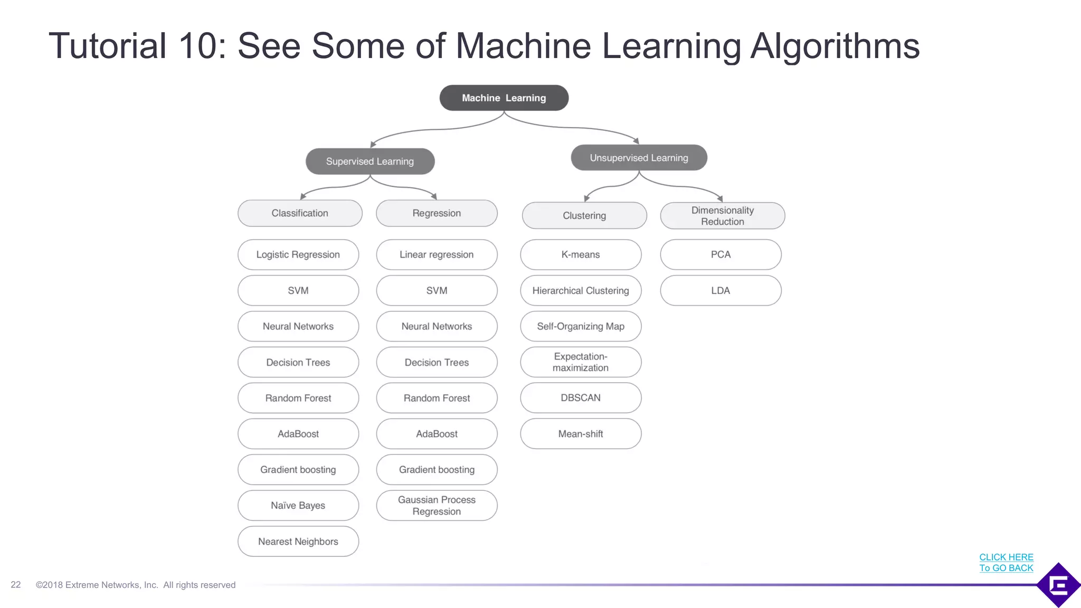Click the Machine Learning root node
click(x=504, y=98)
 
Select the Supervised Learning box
click(x=370, y=161)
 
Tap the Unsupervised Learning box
click(x=639, y=158)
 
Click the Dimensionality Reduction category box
click(x=722, y=216)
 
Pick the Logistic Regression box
click(x=298, y=255)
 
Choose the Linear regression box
click(x=437, y=255)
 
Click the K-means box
click(x=581, y=255)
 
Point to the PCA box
click(x=720, y=255)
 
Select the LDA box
click(x=720, y=291)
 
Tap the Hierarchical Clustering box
click(x=581, y=291)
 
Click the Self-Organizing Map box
click(x=581, y=327)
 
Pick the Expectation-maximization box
click(x=581, y=362)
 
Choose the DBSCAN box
click(x=581, y=398)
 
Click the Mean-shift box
click(x=581, y=434)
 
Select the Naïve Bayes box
click(x=298, y=506)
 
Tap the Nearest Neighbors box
click(x=298, y=541)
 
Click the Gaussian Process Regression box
click(x=437, y=506)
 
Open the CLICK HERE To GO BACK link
click(x=1006, y=563)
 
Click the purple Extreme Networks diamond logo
click(x=1059, y=585)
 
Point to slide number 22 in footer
click(x=16, y=585)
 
